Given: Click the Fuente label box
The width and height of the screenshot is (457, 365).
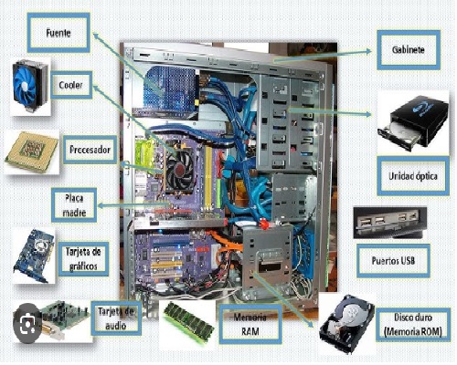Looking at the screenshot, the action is point(58,33).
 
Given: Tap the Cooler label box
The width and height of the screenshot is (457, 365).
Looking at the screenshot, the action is point(71,85).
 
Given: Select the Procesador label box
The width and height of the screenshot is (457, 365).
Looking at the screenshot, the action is point(90,150).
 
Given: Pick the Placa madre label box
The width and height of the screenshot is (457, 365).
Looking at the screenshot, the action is point(74,205).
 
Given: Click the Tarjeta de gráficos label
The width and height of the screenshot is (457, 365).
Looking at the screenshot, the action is point(83,259).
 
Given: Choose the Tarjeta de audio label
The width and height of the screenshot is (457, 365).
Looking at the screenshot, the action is point(116,318).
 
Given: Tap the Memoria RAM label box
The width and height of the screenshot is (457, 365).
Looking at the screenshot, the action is point(250,324).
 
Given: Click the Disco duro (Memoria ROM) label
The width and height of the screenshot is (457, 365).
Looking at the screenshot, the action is point(413,324).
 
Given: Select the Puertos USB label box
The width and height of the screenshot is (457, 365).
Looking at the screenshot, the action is point(393,261).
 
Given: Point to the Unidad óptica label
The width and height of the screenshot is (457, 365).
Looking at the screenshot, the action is point(413,176).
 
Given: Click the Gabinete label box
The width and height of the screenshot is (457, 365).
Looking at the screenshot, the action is point(409,49).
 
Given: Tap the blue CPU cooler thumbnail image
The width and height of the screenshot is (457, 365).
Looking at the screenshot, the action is point(30,87).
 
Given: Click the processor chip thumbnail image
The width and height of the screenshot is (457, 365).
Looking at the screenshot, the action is point(31,152).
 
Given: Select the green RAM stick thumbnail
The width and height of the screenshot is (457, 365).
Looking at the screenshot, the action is point(188,323).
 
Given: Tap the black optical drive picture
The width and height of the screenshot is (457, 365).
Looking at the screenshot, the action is point(413,122).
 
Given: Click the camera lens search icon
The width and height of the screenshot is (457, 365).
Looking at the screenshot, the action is point(27,323).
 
